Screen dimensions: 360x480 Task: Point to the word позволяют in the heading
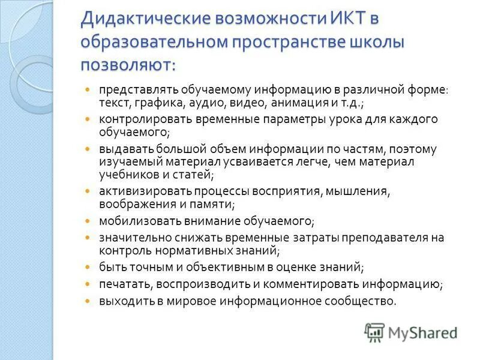[126, 64]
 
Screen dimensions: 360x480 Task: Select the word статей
[194, 175]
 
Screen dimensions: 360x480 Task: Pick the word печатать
[123, 284]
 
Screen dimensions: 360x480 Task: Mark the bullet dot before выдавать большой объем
[88, 148]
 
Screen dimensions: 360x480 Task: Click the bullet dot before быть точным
[88, 266]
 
